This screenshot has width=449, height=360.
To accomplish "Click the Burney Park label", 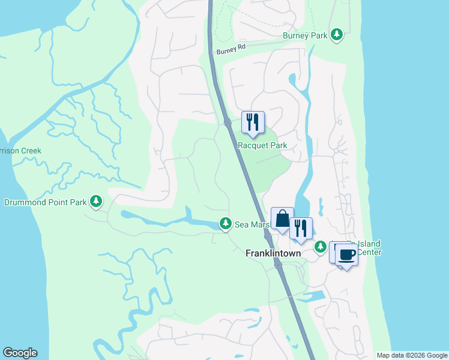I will click(305, 35).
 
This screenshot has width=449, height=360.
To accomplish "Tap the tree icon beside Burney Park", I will click(337, 35).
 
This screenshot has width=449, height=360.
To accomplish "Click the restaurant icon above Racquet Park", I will click(253, 122).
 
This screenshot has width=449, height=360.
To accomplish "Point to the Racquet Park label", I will click(262, 145).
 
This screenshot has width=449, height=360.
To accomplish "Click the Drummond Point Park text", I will click(46, 202).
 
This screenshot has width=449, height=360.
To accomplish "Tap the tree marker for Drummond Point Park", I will click(95, 201).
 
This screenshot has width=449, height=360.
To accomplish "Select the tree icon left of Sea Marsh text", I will click(225, 224).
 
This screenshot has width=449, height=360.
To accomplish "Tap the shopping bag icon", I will click(282, 218).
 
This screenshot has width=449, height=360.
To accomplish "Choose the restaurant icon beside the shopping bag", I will click(301, 228).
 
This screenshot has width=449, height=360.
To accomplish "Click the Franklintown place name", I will click(273, 254).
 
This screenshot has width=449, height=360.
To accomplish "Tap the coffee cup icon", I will click(346, 254).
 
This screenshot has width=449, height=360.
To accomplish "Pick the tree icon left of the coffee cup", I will click(321, 246).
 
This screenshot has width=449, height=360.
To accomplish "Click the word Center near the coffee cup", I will click(370, 253).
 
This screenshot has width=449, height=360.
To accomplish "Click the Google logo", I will click(20, 353).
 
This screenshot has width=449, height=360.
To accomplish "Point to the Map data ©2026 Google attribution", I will click(412, 355).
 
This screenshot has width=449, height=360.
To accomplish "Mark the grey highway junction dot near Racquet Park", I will click(228, 122).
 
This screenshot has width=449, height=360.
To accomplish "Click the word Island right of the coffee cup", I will click(368, 243).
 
